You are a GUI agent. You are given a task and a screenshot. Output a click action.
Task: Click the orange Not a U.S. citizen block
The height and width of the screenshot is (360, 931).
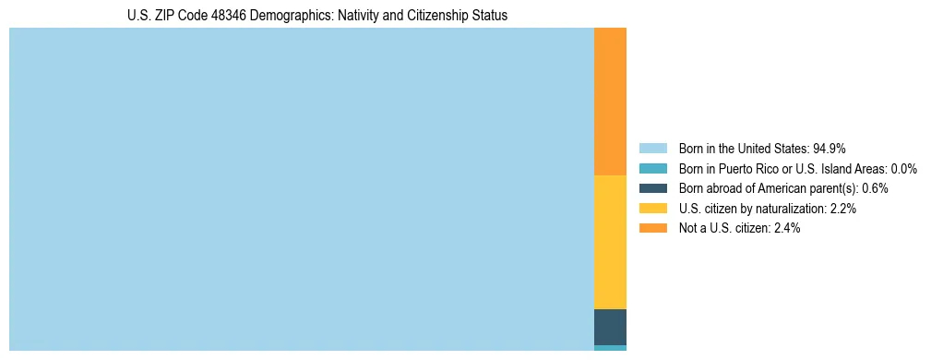pos(610,102)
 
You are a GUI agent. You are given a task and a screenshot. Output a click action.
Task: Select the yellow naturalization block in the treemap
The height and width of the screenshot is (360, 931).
pos(610,242)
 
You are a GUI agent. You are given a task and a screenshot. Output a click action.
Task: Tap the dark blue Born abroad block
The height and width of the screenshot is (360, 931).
pos(610,327)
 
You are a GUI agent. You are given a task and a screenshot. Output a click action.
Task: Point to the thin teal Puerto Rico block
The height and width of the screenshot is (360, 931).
pos(610,348)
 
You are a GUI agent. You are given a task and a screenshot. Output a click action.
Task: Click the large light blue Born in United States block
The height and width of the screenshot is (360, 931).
pos(301,189)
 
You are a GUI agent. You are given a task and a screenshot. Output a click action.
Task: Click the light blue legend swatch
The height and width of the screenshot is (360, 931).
pos(653,149)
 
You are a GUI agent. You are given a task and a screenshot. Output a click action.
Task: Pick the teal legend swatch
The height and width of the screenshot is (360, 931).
pos(653,169)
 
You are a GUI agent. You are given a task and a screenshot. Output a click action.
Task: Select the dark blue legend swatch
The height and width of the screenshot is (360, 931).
pos(653,188)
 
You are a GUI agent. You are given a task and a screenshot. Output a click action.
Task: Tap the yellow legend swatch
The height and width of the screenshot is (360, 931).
pos(653,209)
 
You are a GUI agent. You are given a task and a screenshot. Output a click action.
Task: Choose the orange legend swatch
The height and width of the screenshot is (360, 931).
pos(653,228)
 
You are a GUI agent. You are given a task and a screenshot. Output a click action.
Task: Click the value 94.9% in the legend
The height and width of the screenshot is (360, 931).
pos(830,149)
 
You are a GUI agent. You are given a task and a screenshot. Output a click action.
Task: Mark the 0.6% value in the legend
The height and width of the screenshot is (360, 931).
pos(874,188)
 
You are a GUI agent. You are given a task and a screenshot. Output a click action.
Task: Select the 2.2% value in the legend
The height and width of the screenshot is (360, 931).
pos(841,209)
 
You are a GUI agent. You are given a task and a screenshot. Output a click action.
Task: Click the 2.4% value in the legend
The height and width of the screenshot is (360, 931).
pos(786,228)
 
